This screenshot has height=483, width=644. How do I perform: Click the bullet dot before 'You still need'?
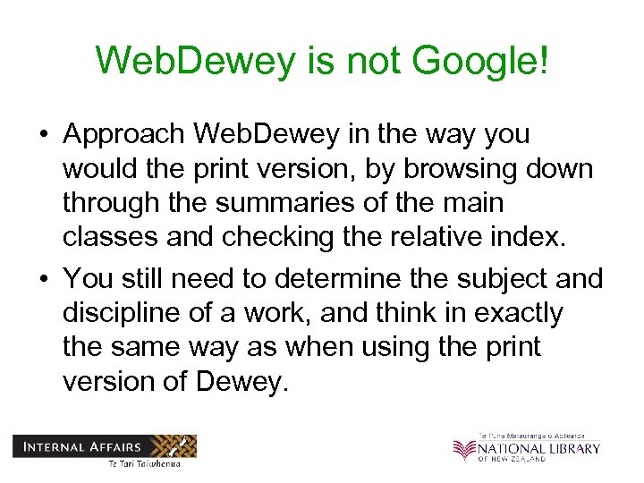43,280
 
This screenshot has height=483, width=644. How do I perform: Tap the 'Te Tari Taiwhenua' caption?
143,462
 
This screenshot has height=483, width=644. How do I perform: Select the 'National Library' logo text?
538,447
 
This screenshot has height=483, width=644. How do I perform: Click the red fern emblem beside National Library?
464,450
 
